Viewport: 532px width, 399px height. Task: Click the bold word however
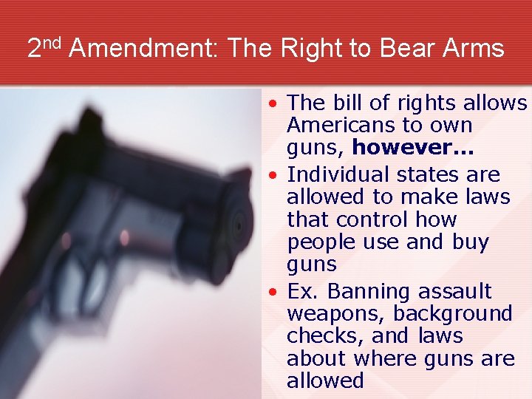[412, 148]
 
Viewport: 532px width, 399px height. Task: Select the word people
[319, 242]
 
